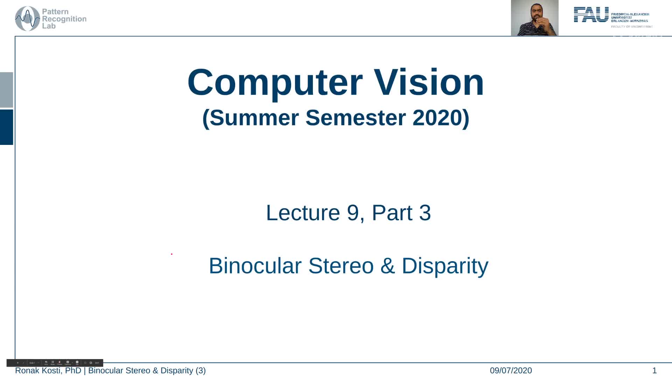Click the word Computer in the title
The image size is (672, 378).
pyautogui.click(x=275, y=83)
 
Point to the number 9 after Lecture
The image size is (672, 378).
pyautogui.click(x=353, y=212)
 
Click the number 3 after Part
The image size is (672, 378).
pyautogui.click(x=425, y=212)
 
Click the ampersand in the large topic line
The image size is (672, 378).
pyautogui.click(x=387, y=266)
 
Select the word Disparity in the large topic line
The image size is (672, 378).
pyautogui.click(x=445, y=266)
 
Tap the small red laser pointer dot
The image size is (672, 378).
pyautogui.click(x=171, y=254)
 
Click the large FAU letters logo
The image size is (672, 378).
pyautogui.click(x=591, y=15)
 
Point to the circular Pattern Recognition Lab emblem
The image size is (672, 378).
pyautogui.click(x=27, y=19)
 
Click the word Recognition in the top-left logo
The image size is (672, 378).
pyautogui.click(x=64, y=19)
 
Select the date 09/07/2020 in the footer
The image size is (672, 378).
pyautogui.click(x=511, y=370)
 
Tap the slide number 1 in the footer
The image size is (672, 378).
pyautogui.click(x=654, y=370)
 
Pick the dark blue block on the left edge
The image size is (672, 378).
pyautogui.click(x=6, y=127)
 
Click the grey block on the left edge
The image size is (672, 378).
pyautogui.click(x=6, y=90)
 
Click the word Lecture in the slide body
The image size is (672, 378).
pyautogui.click(x=303, y=212)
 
